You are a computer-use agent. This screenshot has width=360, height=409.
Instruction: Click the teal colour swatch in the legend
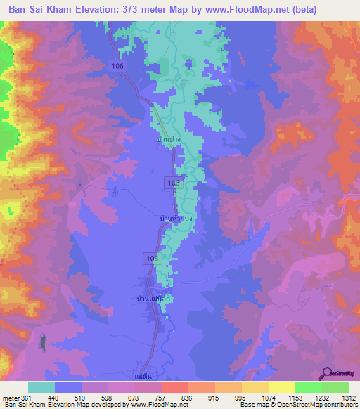tap(41, 388)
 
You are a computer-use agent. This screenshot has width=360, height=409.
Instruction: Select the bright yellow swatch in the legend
tap(281, 388)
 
